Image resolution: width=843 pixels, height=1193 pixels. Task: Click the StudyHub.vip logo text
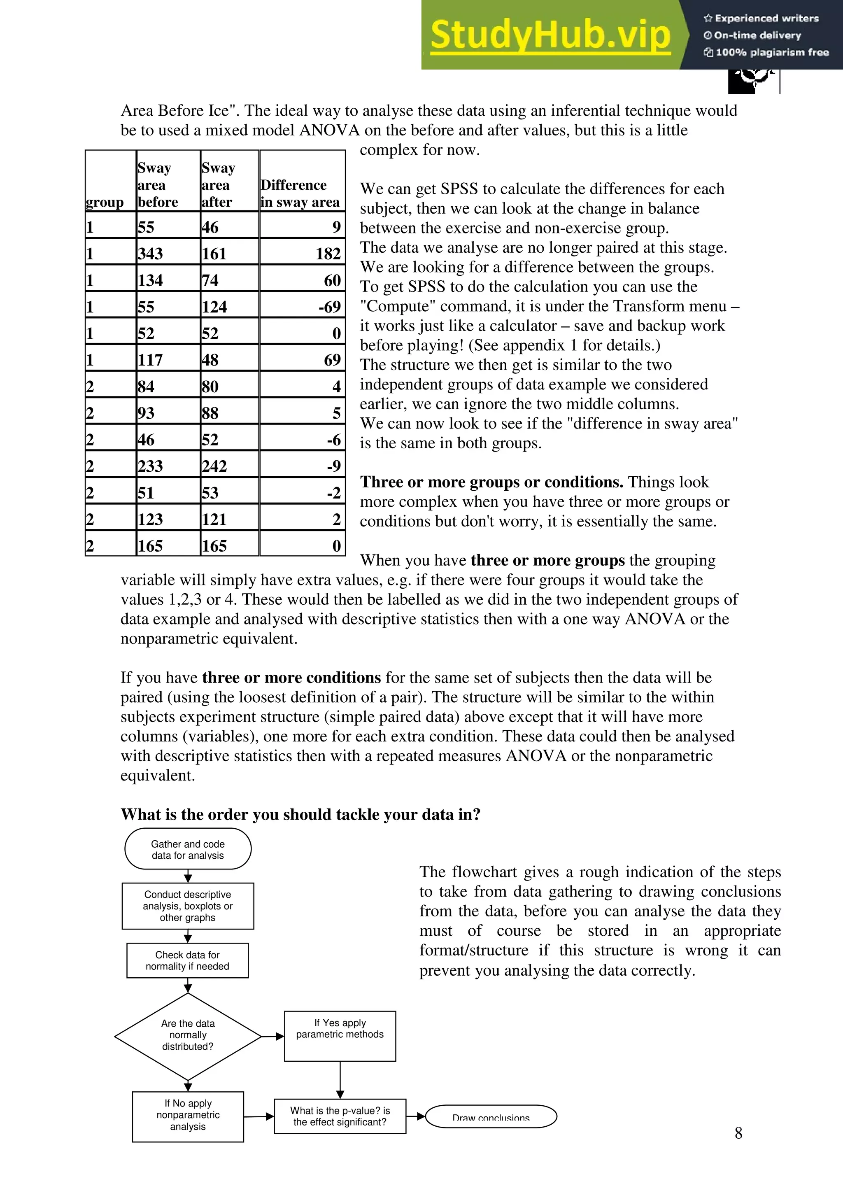coord(550,35)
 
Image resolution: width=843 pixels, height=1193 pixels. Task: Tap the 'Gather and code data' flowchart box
coord(188,849)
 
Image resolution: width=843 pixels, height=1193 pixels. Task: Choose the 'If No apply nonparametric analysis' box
coord(188,1115)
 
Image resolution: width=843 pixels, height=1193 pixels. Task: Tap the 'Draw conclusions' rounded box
coord(491,1116)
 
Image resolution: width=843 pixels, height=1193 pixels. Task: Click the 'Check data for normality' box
coord(188,960)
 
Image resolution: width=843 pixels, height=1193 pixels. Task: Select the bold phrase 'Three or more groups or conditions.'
coord(491,482)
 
